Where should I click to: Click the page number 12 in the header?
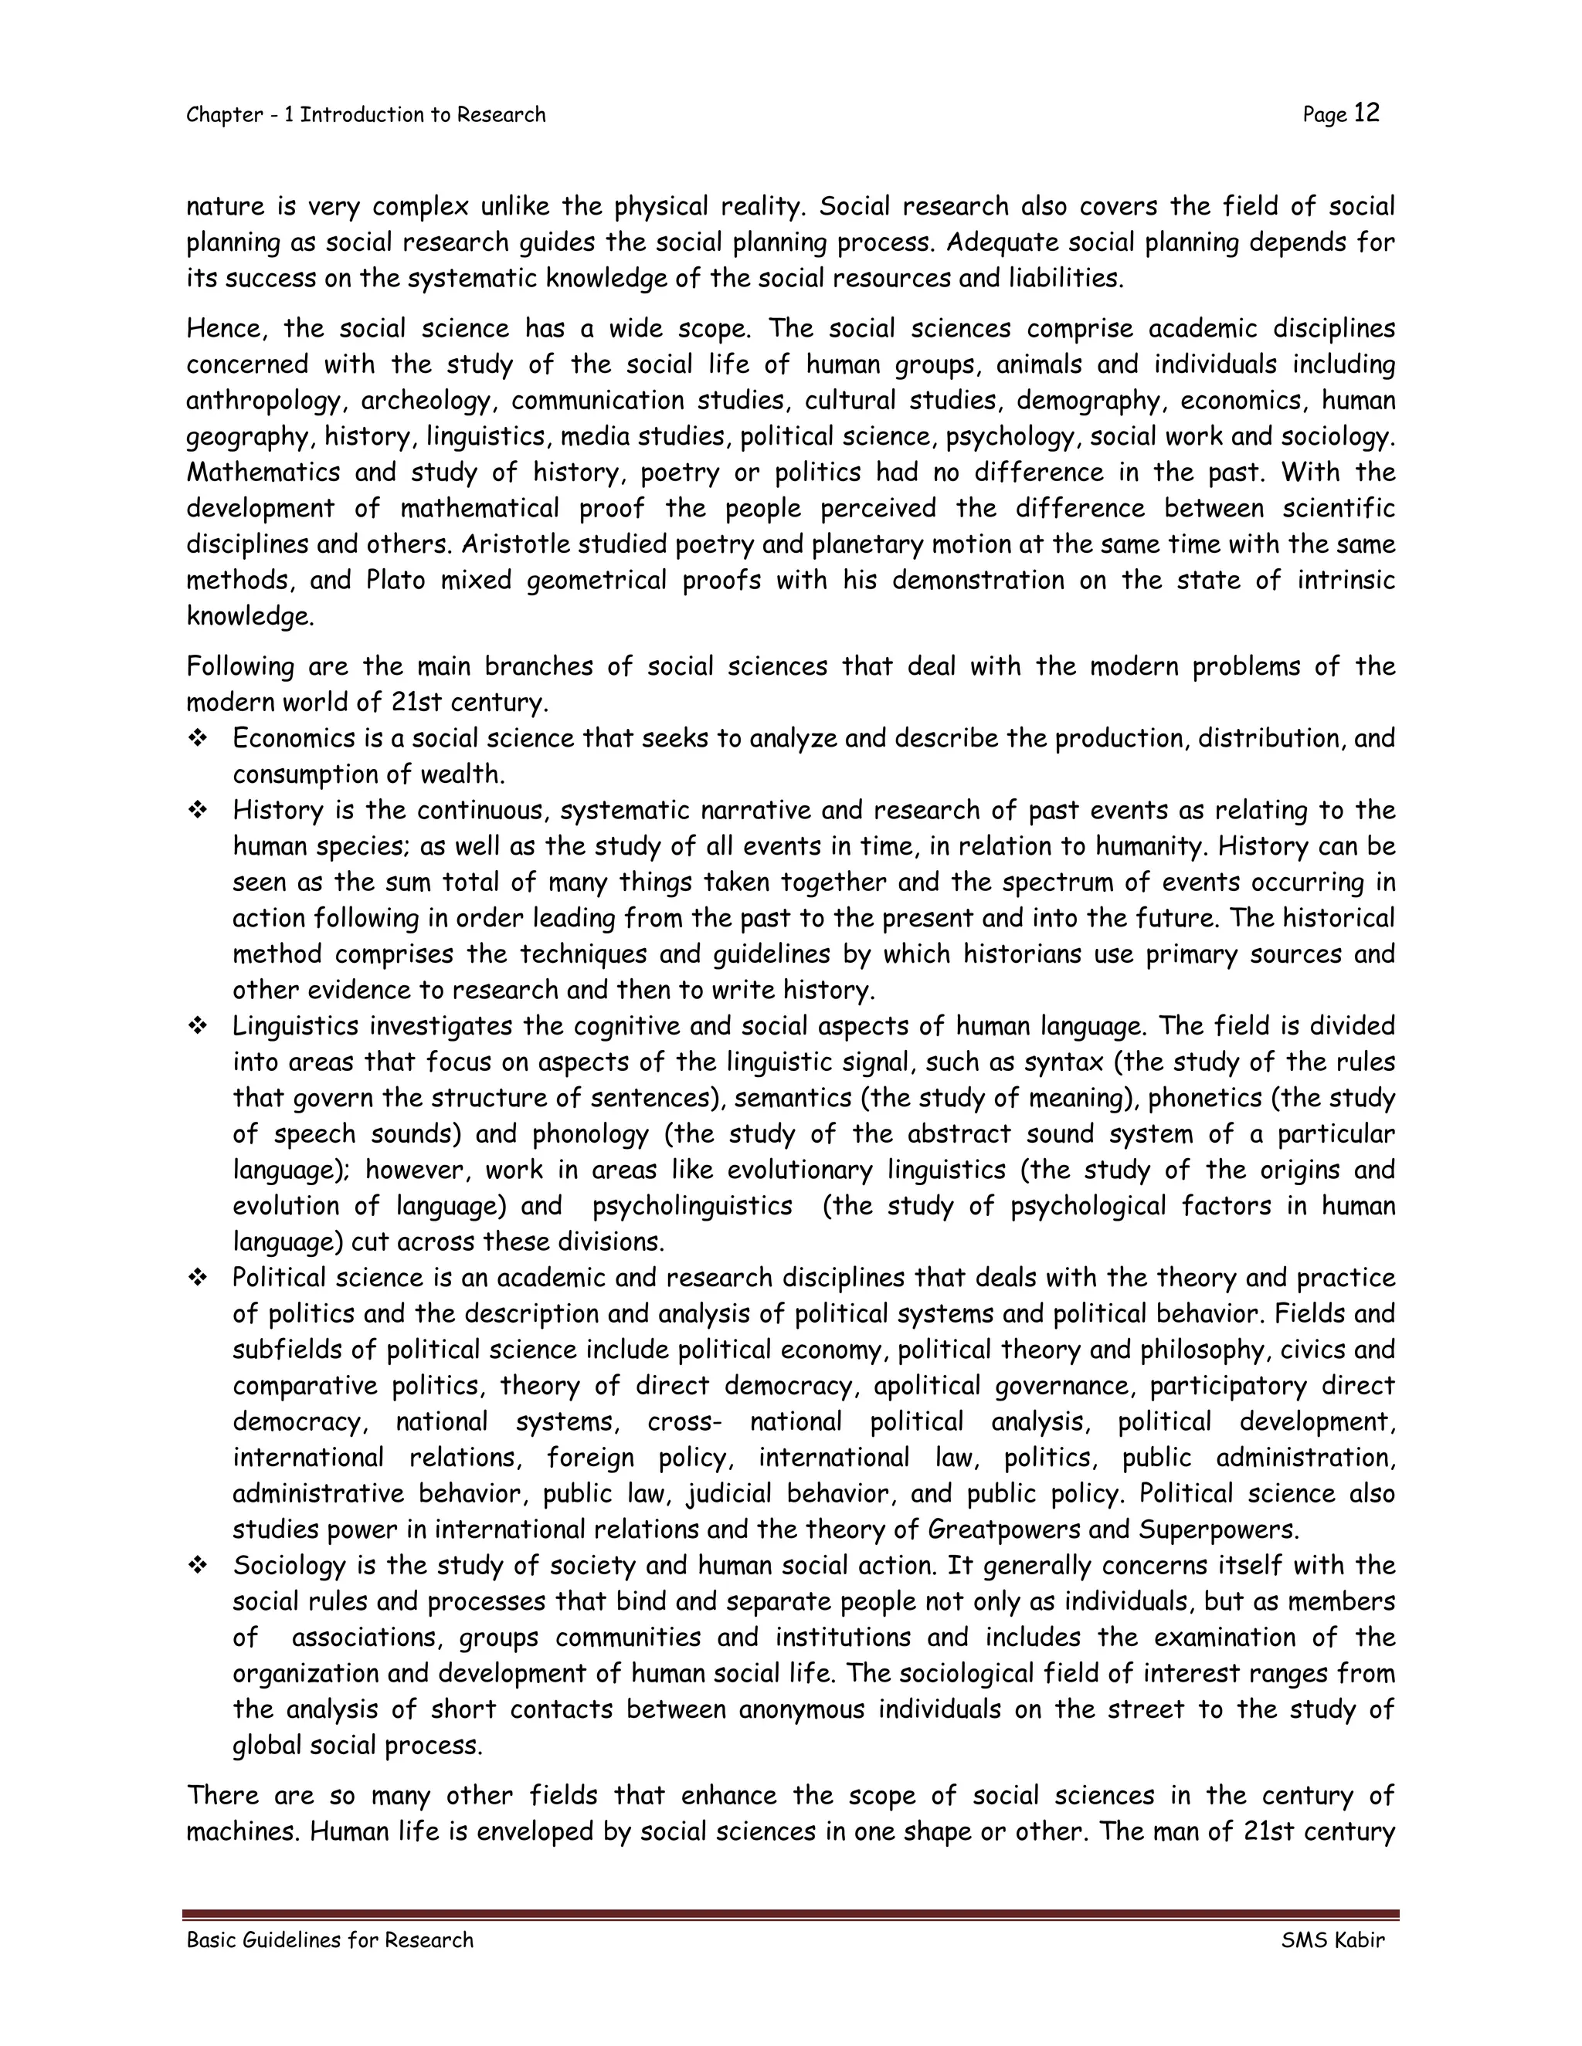[1366, 113]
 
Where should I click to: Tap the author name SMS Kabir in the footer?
[1332, 1940]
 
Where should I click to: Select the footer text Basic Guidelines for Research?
[330, 1940]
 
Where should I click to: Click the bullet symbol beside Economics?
[198, 739]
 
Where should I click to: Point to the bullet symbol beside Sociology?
[198, 1566]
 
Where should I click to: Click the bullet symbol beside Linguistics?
[198, 1027]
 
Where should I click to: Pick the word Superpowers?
[1218, 1529]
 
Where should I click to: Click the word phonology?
[590, 1134]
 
